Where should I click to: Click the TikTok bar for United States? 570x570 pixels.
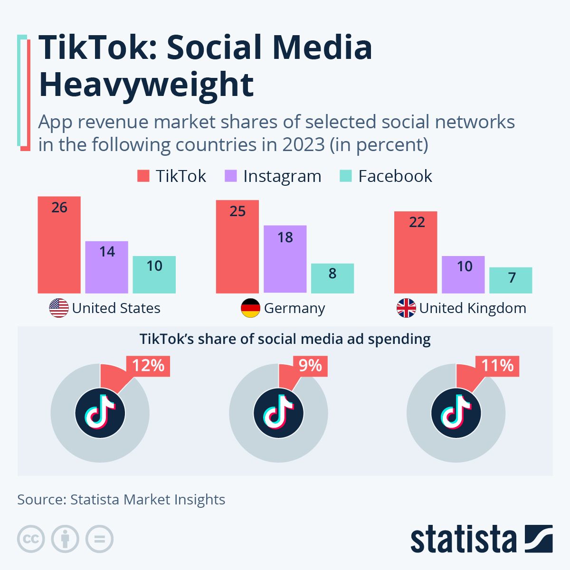click(x=59, y=245)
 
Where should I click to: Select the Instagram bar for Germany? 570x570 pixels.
click(x=285, y=259)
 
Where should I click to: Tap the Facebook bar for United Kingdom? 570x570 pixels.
click(x=511, y=280)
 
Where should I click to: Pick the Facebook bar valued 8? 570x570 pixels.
click(x=332, y=278)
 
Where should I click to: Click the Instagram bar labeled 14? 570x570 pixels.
click(x=107, y=267)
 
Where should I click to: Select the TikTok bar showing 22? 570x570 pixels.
click(x=416, y=252)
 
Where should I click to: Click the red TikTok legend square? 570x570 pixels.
click(x=143, y=176)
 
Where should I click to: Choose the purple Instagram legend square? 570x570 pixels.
click(x=230, y=176)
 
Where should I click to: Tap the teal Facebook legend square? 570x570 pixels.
click(x=345, y=176)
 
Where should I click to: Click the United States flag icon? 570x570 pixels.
click(x=59, y=308)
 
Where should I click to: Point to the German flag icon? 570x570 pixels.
click(x=250, y=308)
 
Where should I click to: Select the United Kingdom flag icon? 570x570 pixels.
click(x=406, y=308)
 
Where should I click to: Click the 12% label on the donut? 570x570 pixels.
click(x=148, y=366)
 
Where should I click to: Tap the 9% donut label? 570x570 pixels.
click(x=310, y=366)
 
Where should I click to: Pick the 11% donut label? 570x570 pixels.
click(x=497, y=366)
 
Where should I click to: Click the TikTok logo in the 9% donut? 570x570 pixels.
click(x=278, y=413)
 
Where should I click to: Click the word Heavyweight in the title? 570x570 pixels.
click(x=146, y=85)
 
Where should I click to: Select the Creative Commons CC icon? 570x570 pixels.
click(x=31, y=539)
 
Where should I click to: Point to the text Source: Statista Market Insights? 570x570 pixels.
click(x=121, y=500)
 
